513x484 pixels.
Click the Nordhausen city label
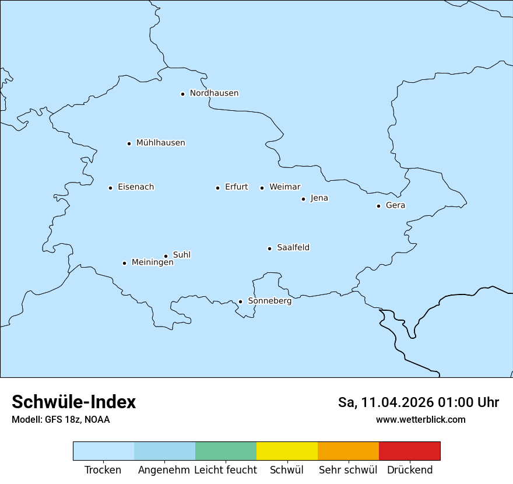214,93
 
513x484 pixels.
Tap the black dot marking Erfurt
217,188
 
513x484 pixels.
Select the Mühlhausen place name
160,143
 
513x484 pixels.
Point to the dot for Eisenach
110,188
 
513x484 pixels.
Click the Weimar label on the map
284,187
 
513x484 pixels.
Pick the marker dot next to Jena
303,199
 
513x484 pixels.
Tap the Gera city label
395,205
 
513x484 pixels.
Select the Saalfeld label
293,248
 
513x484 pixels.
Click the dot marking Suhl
166,256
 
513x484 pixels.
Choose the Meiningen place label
152,262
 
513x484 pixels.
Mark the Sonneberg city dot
240,302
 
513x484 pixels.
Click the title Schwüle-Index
73,402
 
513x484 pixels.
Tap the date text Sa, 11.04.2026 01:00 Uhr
418,402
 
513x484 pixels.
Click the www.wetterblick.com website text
420,419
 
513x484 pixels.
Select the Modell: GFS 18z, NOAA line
61,419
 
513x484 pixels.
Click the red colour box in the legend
409,451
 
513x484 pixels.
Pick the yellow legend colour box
287,451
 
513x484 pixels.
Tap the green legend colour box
226,451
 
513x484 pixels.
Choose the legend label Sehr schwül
348,470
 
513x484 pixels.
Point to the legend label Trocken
103,470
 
